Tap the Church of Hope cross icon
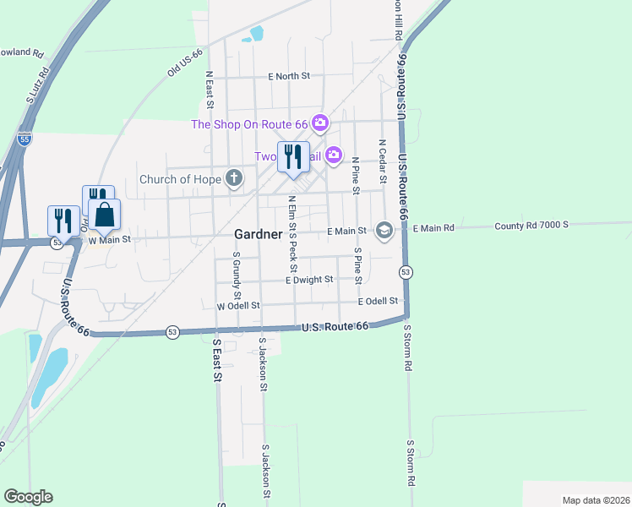coord(234,178)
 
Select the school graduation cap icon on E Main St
coord(384,231)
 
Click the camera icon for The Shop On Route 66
coord(319,124)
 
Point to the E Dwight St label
coord(309,279)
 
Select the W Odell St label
coord(237,306)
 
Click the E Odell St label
coord(378,302)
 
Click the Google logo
coord(28,497)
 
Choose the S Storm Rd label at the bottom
coord(411,463)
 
